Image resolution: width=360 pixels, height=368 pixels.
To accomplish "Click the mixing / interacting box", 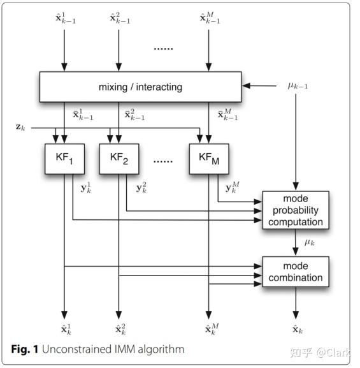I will click(140, 86).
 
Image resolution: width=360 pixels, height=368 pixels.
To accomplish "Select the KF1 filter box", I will click(64, 159).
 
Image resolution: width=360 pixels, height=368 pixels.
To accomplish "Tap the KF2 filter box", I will click(119, 159).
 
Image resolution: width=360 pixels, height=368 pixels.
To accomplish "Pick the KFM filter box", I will click(209, 159).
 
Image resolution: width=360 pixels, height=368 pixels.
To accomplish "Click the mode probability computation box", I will click(296, 210).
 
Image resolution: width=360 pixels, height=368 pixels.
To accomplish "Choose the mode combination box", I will click(296, 272).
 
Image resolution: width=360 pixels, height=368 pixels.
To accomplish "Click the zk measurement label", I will click(20, 127).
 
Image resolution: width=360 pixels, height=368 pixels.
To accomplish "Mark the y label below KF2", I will click(141, 188).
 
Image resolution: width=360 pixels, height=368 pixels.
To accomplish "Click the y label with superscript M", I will click(232, 188).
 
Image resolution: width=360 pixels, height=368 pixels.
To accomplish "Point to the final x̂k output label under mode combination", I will click(296, 330).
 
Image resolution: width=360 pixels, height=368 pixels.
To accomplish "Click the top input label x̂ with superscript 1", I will click(64, 18).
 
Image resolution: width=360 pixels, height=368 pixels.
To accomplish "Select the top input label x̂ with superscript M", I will click(210, 18).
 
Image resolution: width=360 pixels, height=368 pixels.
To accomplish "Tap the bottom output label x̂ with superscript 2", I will click(120, 329).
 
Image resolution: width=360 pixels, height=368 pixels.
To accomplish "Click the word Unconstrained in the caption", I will click(73, 349).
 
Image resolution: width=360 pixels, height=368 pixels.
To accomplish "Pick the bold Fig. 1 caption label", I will click(25, 349).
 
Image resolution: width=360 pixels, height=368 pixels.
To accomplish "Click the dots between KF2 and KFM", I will click(163, 161).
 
